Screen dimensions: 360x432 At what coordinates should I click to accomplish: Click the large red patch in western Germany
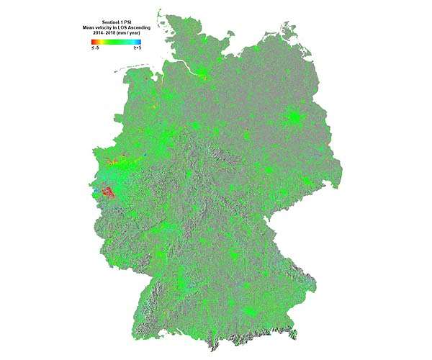[x=107, y=193]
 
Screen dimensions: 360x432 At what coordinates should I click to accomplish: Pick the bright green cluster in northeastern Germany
[x=294, y=117]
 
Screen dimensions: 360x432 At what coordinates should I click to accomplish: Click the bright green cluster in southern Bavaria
[x=250, y=312]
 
